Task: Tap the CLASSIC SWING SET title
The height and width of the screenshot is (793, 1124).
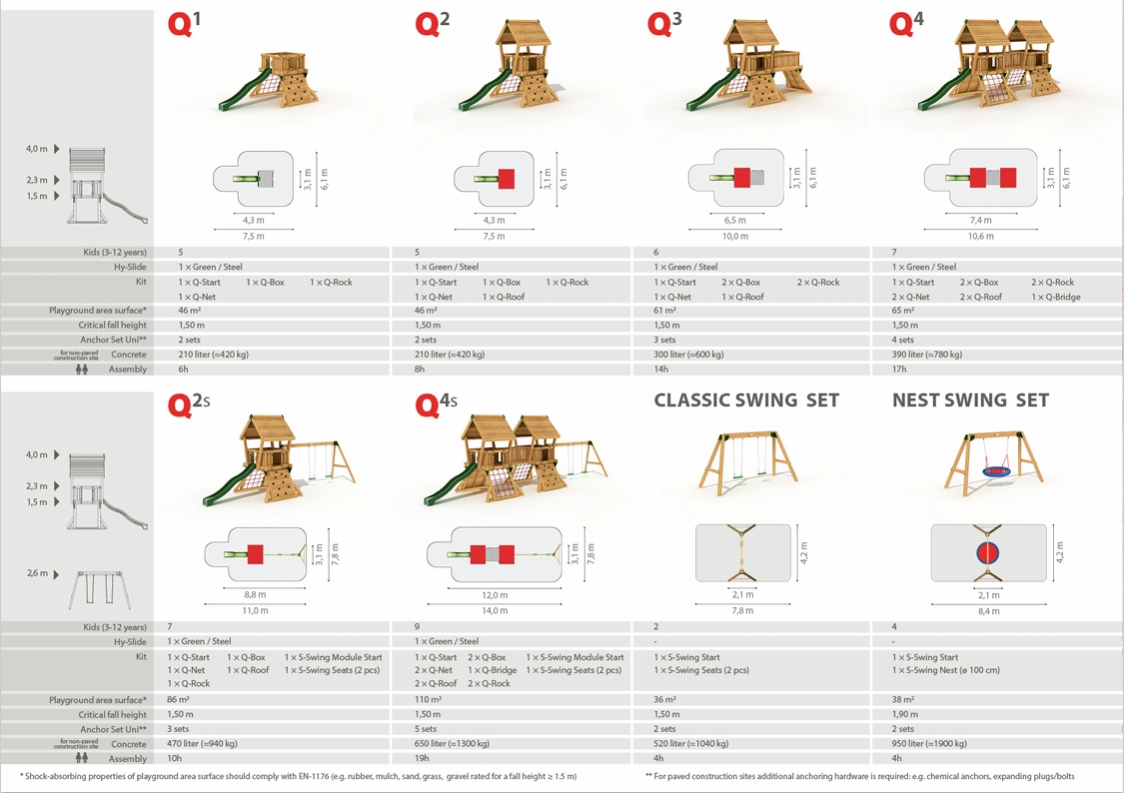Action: tap(746, 399)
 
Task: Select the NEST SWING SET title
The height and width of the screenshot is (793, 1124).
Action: tap(970, 399)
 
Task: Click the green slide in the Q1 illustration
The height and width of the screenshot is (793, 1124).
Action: tap(244, 90)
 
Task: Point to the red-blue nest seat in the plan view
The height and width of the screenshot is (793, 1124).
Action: tap(988, 552)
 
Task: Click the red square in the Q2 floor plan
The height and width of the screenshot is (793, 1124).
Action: tap(507, 178)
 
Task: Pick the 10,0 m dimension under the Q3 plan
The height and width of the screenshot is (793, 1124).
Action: tap(734, 237)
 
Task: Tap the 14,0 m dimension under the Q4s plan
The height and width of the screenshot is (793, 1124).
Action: tap(495, 611)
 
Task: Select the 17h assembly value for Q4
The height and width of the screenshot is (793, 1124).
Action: tap(899, 369)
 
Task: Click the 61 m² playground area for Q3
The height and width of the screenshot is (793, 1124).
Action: tap(664, 311)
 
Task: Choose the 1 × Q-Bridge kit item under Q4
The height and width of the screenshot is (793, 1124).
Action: tap(1056, 297)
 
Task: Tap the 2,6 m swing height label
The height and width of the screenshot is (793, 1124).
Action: tap(37, 573)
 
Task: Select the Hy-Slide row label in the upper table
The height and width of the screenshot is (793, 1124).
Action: tap(130, 268)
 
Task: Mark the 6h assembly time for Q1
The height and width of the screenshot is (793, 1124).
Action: tap(183, 369)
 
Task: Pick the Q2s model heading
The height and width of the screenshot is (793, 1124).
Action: tap(189, 404)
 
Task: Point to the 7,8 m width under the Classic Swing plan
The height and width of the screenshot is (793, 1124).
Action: tap(742, 611)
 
